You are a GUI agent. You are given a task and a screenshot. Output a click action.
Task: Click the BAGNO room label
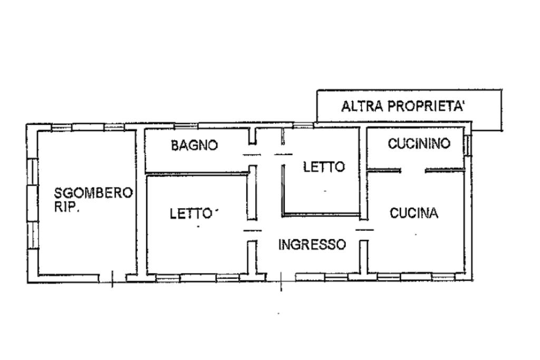tap(194, 145)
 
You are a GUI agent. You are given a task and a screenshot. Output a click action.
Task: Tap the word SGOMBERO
tap(94, 193)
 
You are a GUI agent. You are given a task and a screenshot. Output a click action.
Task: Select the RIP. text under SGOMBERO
tap(67, 207)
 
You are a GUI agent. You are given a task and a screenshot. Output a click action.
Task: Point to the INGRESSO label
tap(312, 245)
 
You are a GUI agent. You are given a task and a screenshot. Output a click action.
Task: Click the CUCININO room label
tap(419, 143)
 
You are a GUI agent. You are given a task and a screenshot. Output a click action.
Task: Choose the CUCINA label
tap(414, 213)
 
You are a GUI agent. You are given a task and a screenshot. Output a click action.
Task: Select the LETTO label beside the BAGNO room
tap(324, 167)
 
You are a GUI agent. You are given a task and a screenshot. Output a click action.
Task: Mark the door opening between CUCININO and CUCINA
tap(413, 170)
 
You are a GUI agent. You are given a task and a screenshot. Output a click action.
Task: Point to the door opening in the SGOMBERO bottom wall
tap(119, 277)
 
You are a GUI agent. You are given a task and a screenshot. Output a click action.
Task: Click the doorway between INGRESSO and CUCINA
tap(364, 230)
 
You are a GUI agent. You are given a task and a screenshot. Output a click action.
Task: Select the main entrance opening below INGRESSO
tap(281, 276)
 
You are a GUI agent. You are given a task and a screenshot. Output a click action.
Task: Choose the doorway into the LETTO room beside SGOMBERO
tap(252, 230)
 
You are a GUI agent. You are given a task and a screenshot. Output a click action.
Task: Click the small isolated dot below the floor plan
tap(278, 314)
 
